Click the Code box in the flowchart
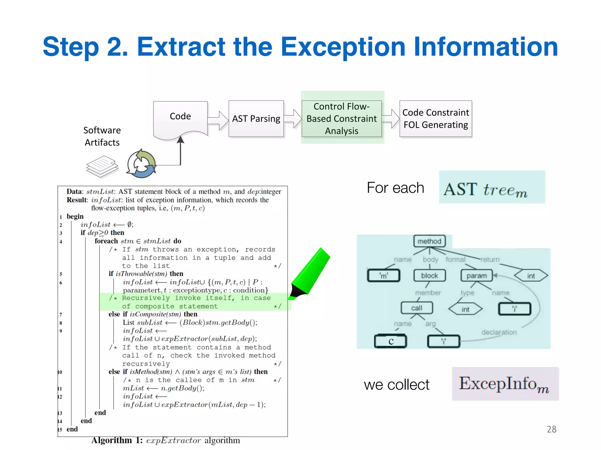(180, 117)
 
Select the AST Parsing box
(256, 119)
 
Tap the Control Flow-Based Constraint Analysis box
(342, 119)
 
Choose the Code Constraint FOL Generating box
(435, 119)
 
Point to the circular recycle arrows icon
(141, 164)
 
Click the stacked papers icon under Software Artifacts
(102, 166)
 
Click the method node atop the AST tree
(429, 241)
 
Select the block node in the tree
(429, 276)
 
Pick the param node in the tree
(477, 276)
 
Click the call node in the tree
(416, 308)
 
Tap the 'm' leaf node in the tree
(384, 276)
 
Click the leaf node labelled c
(391, 341)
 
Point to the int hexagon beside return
(531, 276)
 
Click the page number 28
(551, 429)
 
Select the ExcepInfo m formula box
(505, 383)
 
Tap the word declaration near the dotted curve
(499, 332)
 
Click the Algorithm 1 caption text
(166, 440)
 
